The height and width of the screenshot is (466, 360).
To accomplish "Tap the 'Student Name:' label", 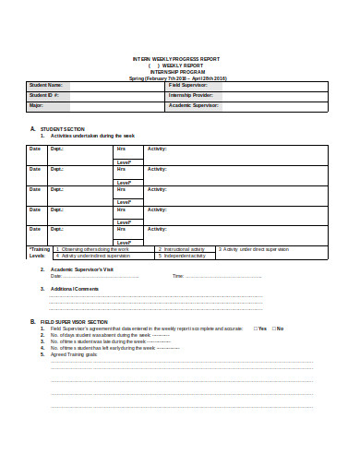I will (x=45, y=85).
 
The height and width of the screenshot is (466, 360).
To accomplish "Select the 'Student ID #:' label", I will (x=44, y=95).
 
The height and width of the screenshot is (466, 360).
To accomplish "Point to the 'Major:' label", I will (x=37, y=105).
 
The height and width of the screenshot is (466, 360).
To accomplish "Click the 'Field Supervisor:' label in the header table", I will (x=186, y=85).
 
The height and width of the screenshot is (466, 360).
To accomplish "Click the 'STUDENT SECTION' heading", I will (x=64, y=128).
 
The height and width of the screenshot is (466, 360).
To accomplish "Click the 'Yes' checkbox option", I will (x=261, y=329).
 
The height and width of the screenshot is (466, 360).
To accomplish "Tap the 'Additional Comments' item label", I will (x=75, y=289).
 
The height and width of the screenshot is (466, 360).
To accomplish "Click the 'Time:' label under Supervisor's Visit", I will (x=178, y=276).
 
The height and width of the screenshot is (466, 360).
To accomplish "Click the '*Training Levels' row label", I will (x=40, y=252).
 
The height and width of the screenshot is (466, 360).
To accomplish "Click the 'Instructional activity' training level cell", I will (x=184, y=249).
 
